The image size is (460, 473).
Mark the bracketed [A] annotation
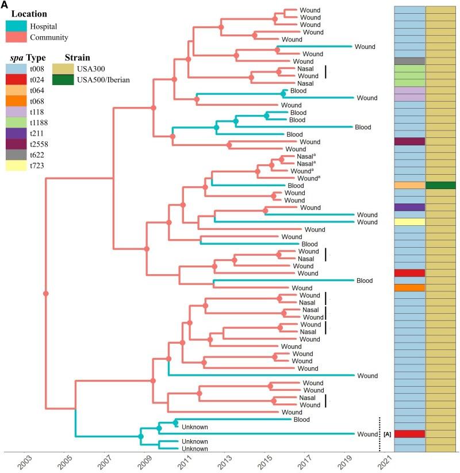pyautogui.click(x=387, y=434)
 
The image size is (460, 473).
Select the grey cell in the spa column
pyautogui.click(x=409, y=61)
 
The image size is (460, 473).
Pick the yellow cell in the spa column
pyautogui.click(x=409, y=222)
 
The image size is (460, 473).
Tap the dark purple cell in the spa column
pyautogui.click(x=409, y=207)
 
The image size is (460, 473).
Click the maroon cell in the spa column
pyautogui.click(x=409, y=141)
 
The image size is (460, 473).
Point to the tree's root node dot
pyautogui.click(x=45, y=294)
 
